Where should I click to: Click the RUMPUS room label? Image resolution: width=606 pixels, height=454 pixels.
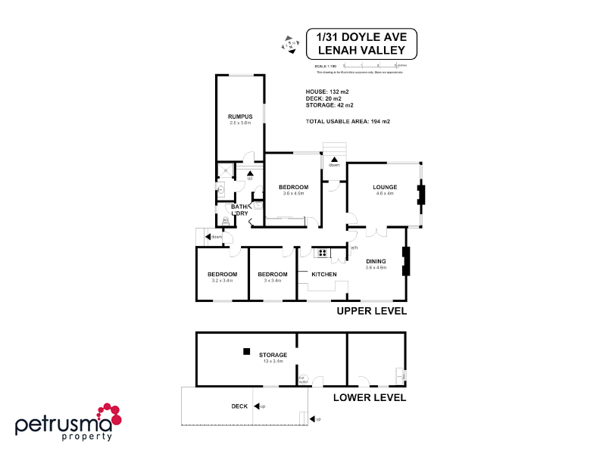(x=240, y=116)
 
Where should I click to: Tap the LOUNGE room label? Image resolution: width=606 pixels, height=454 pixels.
(x=385, y=187)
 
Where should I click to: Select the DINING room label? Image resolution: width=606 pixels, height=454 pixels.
(x=376, y=261)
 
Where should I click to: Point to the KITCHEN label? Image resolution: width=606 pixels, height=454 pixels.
(x=323, y=274)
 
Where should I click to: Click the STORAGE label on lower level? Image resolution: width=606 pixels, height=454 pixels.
(x=273, y=354)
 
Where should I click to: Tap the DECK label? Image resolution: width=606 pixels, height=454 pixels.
(x=239, y=406)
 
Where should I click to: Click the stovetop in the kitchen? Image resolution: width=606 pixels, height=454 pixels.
(x=321, y=253)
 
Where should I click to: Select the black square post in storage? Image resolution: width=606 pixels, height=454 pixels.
(x=245, y=351)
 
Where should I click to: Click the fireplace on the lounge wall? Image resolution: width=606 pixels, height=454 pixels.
(x=422, y=195)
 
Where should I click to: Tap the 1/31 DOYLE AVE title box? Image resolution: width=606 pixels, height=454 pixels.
(x=361, y=44)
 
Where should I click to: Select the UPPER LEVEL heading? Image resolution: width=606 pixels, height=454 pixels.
(x=371, y=310)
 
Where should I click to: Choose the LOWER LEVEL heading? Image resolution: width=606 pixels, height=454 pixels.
(x=370, y=397)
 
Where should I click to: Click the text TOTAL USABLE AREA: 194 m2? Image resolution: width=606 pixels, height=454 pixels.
(x=348, y=122)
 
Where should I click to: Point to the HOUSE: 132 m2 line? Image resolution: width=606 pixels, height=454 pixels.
(x=327, y=92)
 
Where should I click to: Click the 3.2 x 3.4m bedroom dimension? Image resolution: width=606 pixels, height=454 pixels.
(x=223, y=281)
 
